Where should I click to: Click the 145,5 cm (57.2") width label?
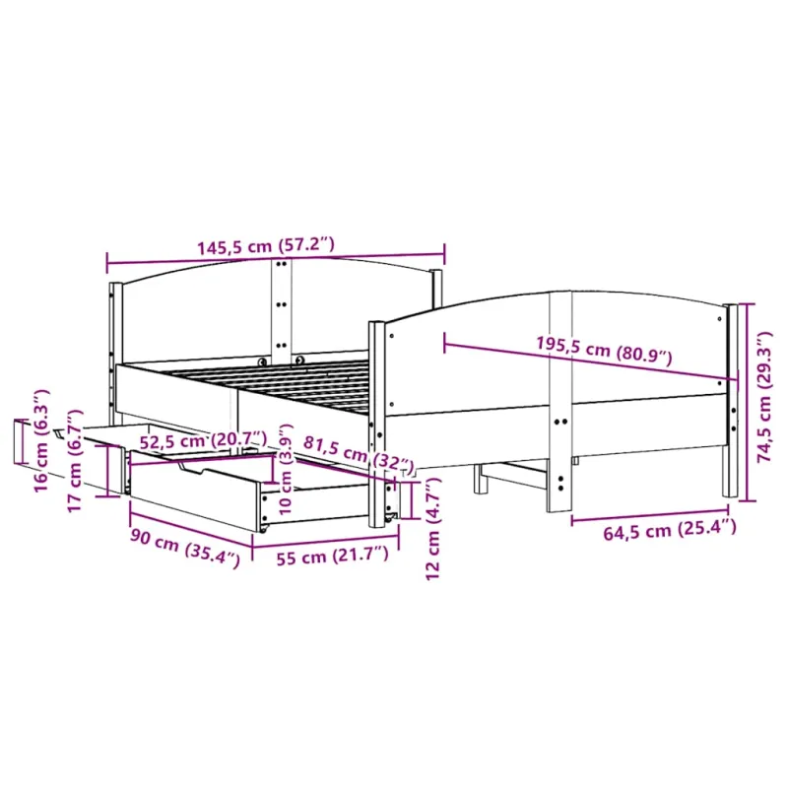[265, 246]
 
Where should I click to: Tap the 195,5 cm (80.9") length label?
[604, 350]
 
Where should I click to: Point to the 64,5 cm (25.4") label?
[670, 530]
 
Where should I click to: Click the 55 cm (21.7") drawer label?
[333, 556]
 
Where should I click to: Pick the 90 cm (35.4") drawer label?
[185, 548]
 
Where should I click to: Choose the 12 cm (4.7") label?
[432, 528]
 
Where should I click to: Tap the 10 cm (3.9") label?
[285, 469]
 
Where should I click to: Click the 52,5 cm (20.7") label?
[202, 440]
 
